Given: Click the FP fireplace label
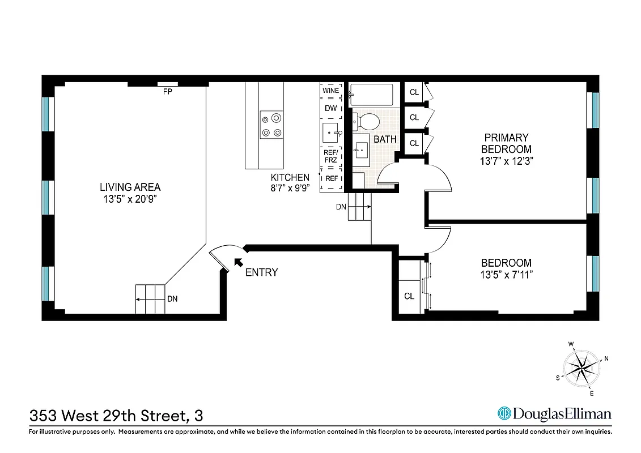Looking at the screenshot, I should (x=167, y=91).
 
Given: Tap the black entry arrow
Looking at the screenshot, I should (x=238, y=262).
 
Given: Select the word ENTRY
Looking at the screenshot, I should (x=261, y=272).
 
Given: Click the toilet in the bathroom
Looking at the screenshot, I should (x=368, y=120).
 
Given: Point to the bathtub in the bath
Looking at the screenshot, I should (x=371, y=95).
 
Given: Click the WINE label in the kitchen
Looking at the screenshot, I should (x=330, y=91).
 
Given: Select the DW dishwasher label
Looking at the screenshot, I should (x=330, y=108).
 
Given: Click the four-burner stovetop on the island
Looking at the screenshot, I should (x=271, y=125).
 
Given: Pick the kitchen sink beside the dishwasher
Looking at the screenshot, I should (x=330, y=133).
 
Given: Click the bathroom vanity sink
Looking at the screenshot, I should (x=360, y=151).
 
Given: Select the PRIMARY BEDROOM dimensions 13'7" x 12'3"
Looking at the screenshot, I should (x=506, y=160).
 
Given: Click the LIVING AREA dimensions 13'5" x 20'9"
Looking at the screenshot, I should (x=130, y=199).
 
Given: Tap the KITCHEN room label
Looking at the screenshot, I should (x=290, y=177).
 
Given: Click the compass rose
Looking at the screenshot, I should (x=582, y=368).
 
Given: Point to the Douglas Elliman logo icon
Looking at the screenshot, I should (x=504, y=413).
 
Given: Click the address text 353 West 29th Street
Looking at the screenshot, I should (x=108, y=416).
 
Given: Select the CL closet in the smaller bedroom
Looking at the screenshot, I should (x=409, y=296).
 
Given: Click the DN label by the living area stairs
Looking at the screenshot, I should (x=172, y=299).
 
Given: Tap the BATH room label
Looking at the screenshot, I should (x=385, y=139).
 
